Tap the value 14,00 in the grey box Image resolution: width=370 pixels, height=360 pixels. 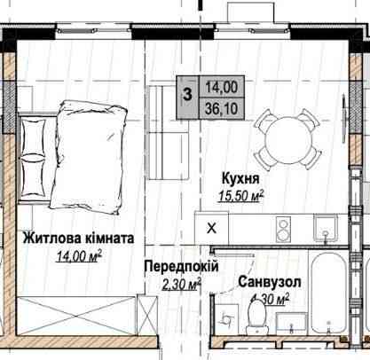tap(216, 86)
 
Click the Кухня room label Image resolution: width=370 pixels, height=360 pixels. tap(234, 176)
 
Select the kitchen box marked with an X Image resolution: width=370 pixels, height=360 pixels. tap(210, 226)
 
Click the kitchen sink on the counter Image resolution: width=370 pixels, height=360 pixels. tap(327, 229)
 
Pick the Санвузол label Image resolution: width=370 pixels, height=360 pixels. tap(267, 282)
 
